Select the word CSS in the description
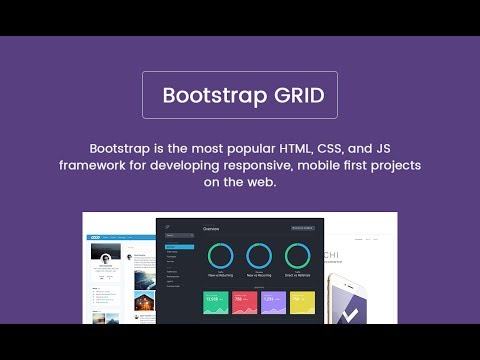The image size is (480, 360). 331,145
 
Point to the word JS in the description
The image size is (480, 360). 384,145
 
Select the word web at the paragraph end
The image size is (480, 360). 263,184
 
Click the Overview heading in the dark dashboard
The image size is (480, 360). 212,229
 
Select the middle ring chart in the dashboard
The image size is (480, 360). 258,257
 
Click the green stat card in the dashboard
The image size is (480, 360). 214,299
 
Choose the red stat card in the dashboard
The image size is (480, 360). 243,299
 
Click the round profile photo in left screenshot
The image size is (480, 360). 104,257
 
